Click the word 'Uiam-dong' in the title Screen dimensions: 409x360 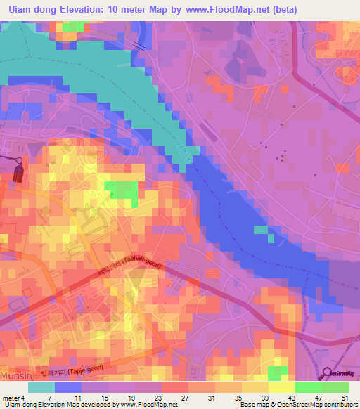[31, 10]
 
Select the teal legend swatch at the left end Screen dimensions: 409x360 [41, 387]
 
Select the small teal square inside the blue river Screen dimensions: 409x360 [261, 230]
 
